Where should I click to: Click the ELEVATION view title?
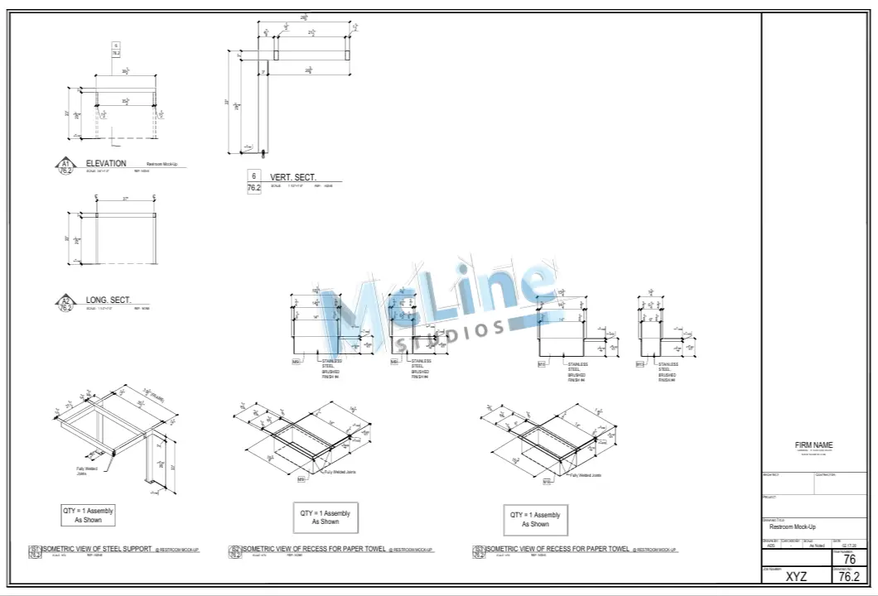pos(106,163)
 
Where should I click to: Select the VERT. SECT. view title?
pos(292,178)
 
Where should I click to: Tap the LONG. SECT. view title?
pos(107,300)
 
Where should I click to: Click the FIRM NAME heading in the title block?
pos(813,445)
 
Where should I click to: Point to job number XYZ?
pos(796,577)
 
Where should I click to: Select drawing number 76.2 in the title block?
pos(848,577)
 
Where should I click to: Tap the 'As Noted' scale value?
pos(817,546)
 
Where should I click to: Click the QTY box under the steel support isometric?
pos(88,515)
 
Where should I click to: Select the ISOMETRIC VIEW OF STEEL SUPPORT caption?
pos(97,549)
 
